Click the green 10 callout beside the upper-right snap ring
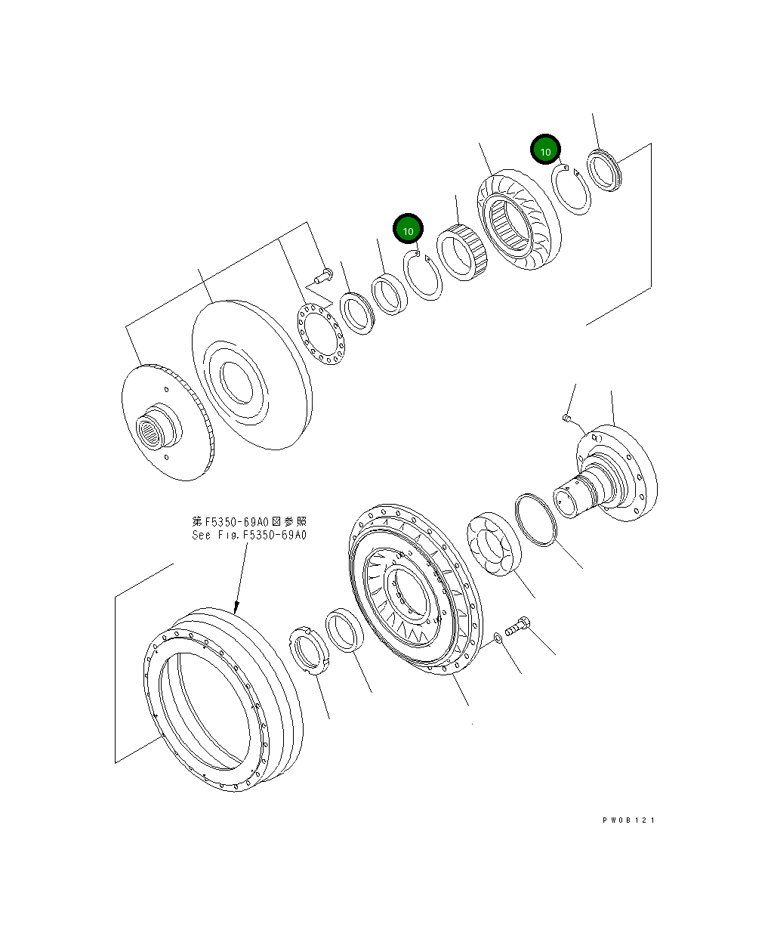point(544,150)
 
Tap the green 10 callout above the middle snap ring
point(408,229)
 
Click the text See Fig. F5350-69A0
point(249,535)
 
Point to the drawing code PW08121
point(628,820)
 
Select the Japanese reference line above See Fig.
point(249,521)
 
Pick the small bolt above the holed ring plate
point(323,274)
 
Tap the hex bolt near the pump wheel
point(518,626)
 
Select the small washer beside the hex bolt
point(497,639)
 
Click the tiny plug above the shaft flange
point(566,417)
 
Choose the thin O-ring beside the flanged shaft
point(535,518)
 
